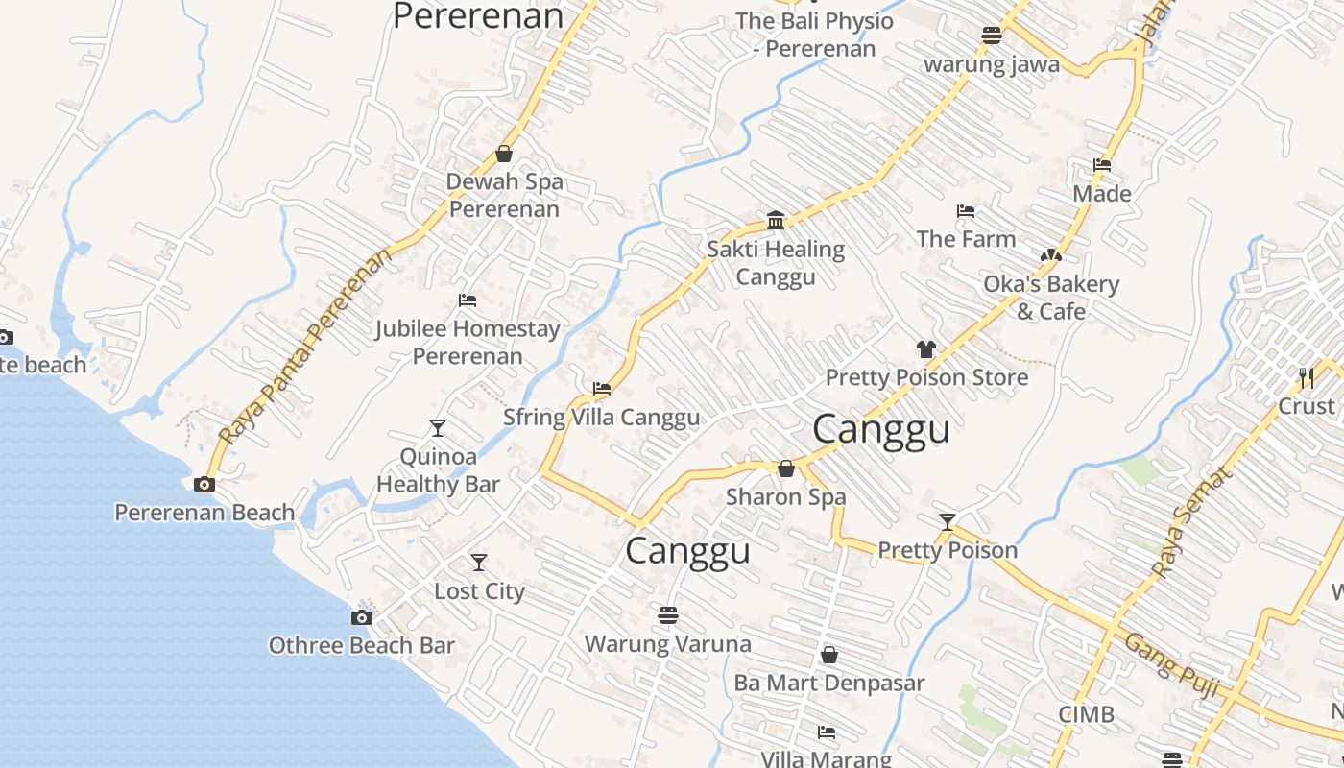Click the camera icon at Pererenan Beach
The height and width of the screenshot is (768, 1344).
tap(204, 484)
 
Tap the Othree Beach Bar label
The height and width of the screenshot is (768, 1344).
tap(361, 645)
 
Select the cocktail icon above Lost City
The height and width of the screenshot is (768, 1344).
tap(478, 562)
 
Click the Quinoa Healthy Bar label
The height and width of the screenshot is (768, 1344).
tap(438, 470)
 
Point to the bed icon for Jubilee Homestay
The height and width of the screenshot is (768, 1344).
tap(467, 300)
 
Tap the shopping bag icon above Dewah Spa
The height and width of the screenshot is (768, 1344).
tap(504, 154)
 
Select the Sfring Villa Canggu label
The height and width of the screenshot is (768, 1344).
tap(602, 418)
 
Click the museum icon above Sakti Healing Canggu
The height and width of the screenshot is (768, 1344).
tap(776, 221)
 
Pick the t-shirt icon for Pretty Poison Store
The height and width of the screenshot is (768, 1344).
tap(925, 349)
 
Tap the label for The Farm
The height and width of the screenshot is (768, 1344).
tap(966, 239)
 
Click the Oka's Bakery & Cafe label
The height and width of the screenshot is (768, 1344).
tap(1051, 298)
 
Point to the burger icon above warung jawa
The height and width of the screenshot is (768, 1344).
tap(992, 36)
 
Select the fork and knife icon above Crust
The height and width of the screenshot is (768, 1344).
tap(1306, 377)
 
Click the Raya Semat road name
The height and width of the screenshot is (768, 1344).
tap(1189, 523)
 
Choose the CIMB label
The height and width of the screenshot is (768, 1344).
tap(1086, 714)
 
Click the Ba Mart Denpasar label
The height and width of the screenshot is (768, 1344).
tap(829, 683)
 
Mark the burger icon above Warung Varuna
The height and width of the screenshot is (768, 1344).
tap(668, 614)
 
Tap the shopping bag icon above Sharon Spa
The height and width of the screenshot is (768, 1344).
tap(786, 468)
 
